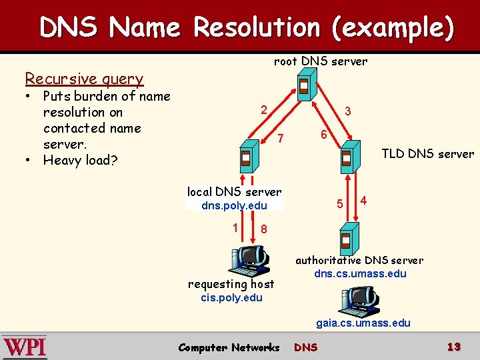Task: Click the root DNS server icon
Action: coord(304,87)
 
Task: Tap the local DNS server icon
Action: coord(246,159)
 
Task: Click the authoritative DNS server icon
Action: coord(346,239)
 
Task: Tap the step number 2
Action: coord(264,110)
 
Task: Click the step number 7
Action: coord(281,139)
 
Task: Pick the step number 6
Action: coord(323,134)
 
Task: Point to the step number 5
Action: coord(340,203)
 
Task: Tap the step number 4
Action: coord(363,199)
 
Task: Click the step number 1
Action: coord(236,227)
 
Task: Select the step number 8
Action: coord(264,229)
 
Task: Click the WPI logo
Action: coord(25,347)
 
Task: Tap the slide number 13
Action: coord(454,347)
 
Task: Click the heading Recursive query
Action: coord(84,79)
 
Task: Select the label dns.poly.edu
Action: coord(234,205)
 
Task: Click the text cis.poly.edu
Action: coord(231,297)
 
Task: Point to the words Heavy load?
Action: coord(80,160)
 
